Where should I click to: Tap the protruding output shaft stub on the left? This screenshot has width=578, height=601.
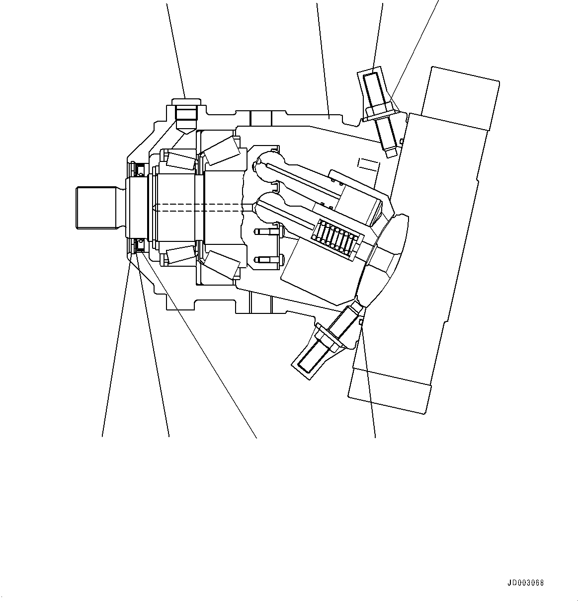click(x=97, y=207)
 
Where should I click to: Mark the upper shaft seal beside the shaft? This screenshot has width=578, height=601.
click(x=140, y=170)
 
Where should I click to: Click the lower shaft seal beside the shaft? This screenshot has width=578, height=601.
click(x=140, y=244)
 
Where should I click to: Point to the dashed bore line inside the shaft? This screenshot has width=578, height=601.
click(x=199, y=208)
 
